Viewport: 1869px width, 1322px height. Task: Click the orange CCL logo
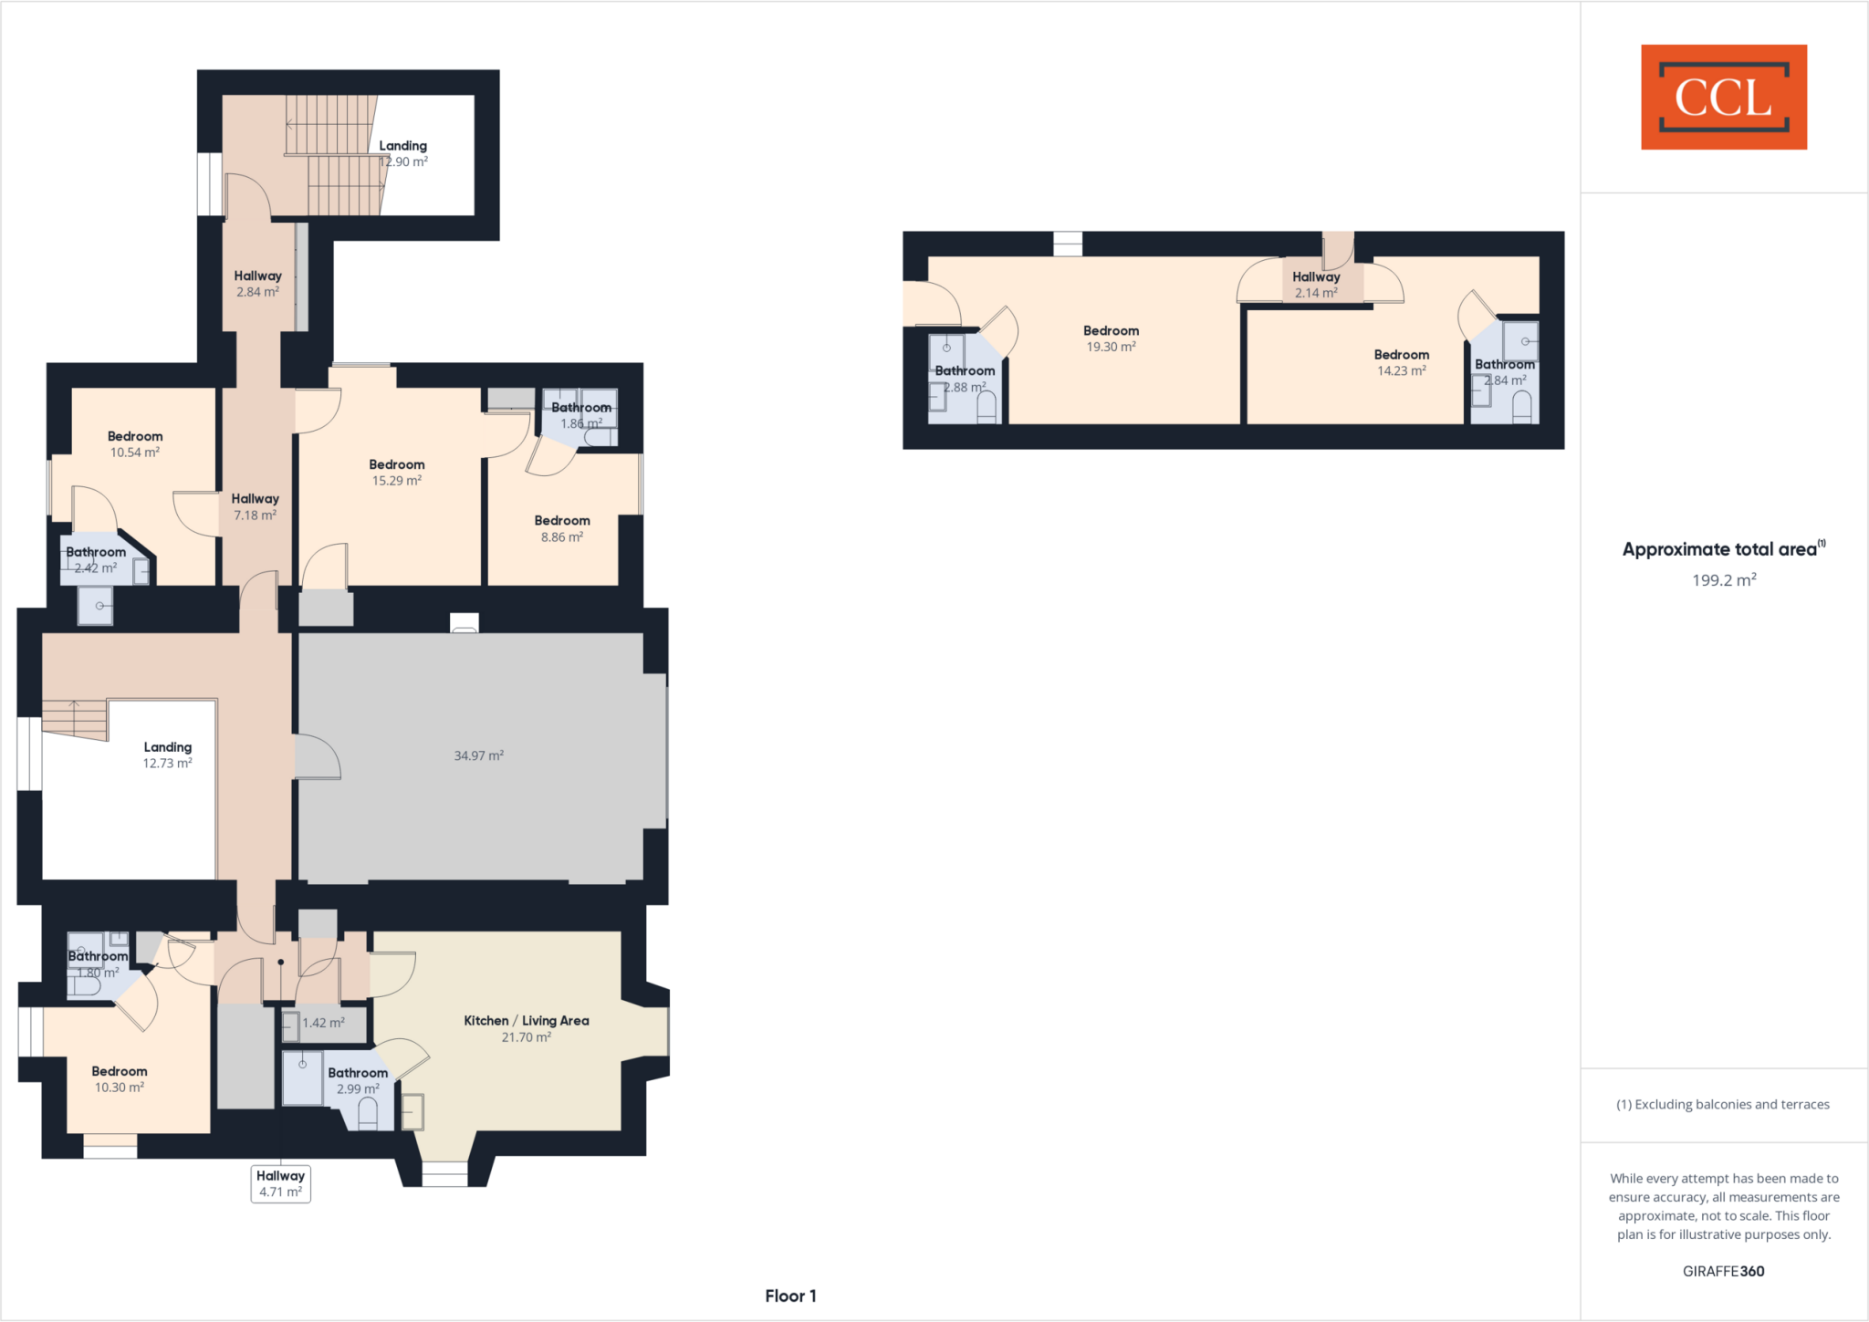(1723, 97)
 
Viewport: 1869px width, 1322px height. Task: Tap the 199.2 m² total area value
(1723, 580)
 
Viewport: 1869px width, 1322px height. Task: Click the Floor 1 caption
(790, 1296)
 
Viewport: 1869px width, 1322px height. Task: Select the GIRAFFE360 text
(1723, 1271)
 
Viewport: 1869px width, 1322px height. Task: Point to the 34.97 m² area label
(478, 755)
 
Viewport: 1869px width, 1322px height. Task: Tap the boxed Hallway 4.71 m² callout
(280, 1183)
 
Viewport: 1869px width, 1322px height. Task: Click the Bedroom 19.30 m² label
(1111, 338)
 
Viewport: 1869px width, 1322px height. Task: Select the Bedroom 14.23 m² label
(1401, 362)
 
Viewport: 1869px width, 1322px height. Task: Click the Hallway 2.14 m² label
(1315, 285)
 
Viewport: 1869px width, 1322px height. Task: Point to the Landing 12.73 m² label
(167, 755)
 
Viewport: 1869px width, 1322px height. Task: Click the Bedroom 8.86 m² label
(561, 528)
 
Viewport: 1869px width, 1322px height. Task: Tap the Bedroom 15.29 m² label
(396, 473)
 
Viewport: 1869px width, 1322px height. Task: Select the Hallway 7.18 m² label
(255, 506)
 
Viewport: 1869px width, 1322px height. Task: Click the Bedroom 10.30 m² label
(119, 1078)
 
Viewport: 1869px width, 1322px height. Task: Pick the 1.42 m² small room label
(323, 1023)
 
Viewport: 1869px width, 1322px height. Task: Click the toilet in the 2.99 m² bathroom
(368, 1113)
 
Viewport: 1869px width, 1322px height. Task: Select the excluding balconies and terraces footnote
(1723, 1104)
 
